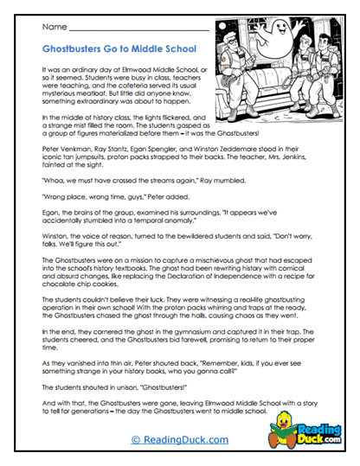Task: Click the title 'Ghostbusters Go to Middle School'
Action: coord(119,49)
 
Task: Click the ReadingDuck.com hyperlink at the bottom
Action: coord(179,440)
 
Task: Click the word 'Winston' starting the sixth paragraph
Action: coord(55,236)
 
